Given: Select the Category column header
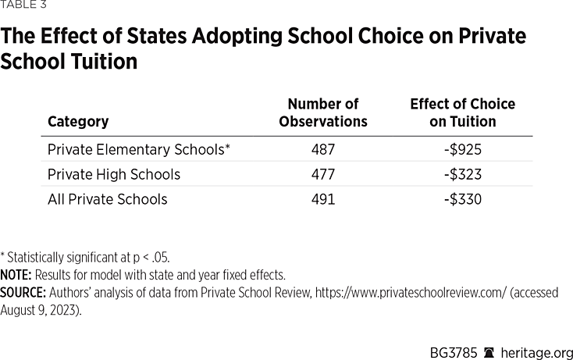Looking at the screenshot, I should click(78, 122).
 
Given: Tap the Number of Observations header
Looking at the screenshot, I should click(322, 112).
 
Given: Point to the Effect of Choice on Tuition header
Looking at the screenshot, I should click(462, 112).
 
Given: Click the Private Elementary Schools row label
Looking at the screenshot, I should click(139, 148).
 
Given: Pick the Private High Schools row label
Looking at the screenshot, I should click(114, 174).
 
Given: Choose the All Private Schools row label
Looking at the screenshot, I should click(108, 199).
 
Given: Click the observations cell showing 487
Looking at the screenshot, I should click(322, 148).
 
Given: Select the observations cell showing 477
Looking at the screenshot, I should click(322, 174).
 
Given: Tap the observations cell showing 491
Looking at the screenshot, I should click(322, 199).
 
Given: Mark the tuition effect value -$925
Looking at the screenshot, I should click(462, 148).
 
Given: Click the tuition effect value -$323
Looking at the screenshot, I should click(462, 174).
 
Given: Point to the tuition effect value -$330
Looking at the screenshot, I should click(462, 199).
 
